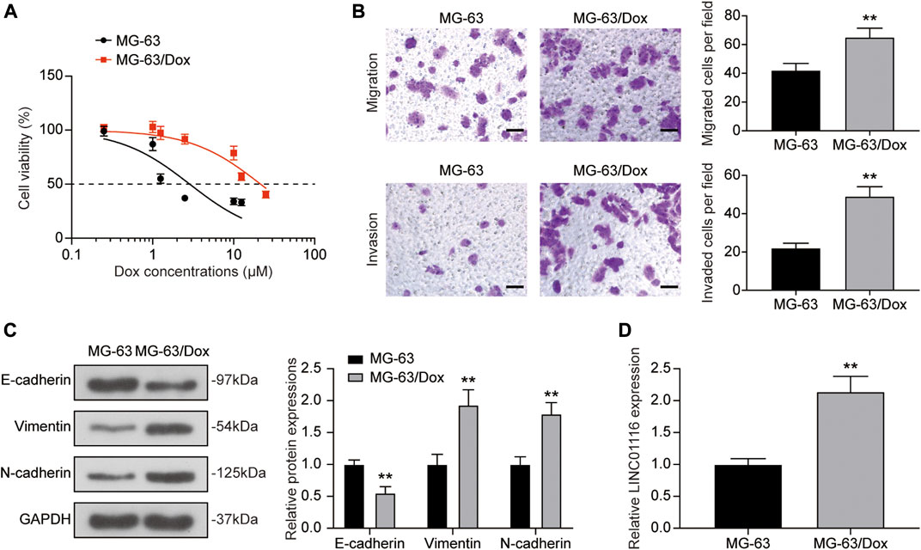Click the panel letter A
click(x=10, y=11)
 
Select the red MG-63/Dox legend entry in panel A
click(x=143, y=59)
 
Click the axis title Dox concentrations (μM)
click(x=193, y=272)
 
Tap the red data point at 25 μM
click(x=266, y=194)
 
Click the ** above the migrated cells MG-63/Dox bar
click(x=869, y=17)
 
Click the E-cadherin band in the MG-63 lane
click(x=110, y=385)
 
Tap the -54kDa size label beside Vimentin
click(x=235, y=426)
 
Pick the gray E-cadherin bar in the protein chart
click(x=385, y=511)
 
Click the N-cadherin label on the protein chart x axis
click(x=535, y=543)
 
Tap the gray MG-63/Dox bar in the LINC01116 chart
click(x=850, y=461)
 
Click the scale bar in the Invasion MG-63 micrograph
click(x=514, y=287)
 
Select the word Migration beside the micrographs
click(x=373, y=82)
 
